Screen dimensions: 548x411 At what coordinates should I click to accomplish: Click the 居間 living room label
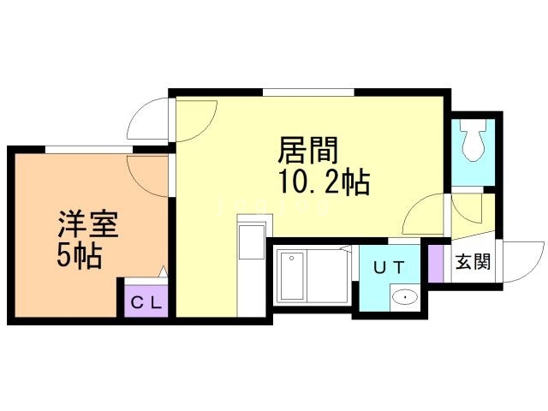(307, 150)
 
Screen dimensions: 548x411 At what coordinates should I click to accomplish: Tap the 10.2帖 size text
(324, 182)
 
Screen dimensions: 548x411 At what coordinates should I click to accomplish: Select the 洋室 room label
(88, 224)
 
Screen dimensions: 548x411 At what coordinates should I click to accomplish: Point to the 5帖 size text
(80, 255)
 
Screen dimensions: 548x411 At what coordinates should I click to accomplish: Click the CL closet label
(146, 302)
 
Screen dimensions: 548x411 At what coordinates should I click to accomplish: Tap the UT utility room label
(389, 268)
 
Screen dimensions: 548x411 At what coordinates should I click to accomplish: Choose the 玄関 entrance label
(473, 261)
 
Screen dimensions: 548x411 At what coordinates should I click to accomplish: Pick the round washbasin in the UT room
(405, 297)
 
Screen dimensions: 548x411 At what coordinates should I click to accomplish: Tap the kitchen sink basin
(251, 241)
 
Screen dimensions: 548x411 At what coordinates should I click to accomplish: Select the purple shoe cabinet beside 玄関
(436, 263)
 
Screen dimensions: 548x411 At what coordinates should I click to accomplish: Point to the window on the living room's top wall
(308, 92)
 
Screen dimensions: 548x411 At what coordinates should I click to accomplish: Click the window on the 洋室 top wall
(89, 150)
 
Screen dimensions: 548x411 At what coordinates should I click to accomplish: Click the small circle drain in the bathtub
(291, 259)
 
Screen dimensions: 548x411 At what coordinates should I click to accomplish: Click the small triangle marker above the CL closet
(164, 271)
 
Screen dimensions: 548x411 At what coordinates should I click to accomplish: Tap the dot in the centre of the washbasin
(405, 297)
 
